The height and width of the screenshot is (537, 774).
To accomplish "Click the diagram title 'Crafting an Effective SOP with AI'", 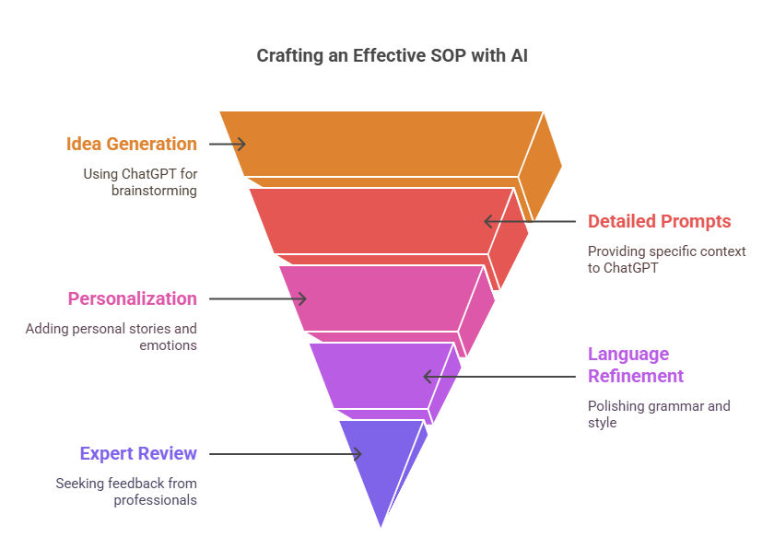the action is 392,56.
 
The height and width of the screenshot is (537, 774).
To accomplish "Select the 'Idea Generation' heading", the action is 131,144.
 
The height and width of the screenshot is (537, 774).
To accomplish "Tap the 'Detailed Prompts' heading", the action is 659,221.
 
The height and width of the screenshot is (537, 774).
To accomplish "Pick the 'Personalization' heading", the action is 133,298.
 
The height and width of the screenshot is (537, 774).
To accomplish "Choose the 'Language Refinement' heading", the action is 635,365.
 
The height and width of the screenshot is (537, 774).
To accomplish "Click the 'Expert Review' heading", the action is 138,453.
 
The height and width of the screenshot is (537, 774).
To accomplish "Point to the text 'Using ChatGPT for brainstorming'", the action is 140,182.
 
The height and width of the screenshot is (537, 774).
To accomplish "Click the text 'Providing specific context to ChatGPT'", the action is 666,260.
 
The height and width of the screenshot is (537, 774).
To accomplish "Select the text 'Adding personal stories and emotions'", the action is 111,336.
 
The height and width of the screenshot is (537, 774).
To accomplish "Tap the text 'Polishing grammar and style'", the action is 659,414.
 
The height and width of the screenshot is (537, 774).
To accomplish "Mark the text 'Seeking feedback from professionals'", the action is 126,492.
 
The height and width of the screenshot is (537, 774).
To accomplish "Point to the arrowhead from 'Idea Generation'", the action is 240,144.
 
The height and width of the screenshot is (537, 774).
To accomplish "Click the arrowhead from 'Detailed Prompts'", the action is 489,222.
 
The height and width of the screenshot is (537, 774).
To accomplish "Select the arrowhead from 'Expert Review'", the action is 356,454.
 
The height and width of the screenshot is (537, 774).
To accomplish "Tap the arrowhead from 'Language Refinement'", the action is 429,377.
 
